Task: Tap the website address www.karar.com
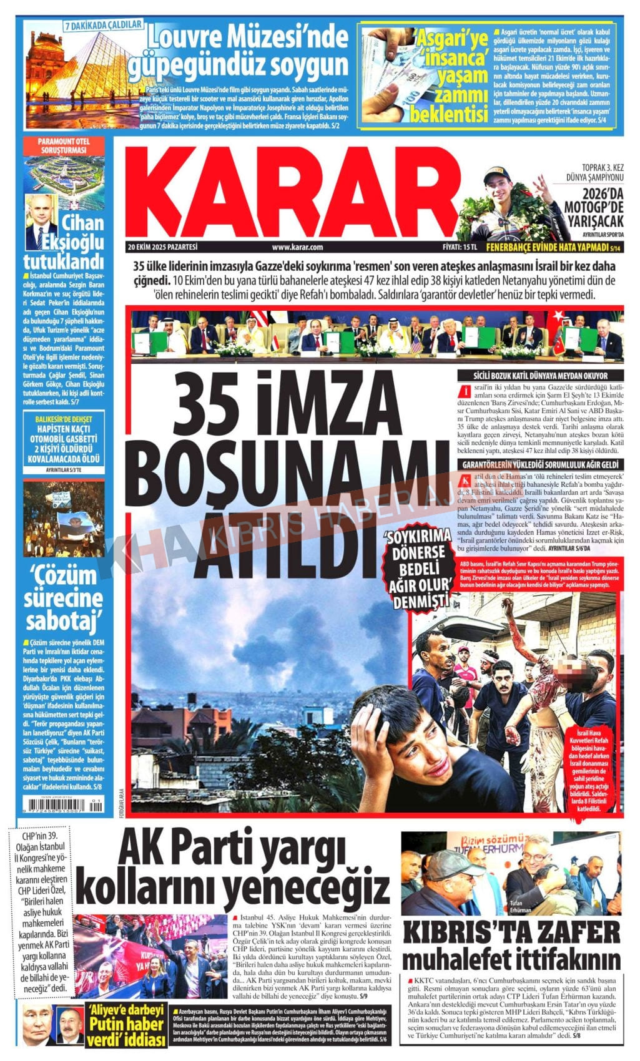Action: point(297,247)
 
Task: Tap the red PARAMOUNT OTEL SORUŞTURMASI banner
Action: point(64,146)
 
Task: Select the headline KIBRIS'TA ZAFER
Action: point(512,934)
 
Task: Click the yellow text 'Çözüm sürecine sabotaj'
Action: point(64,598)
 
